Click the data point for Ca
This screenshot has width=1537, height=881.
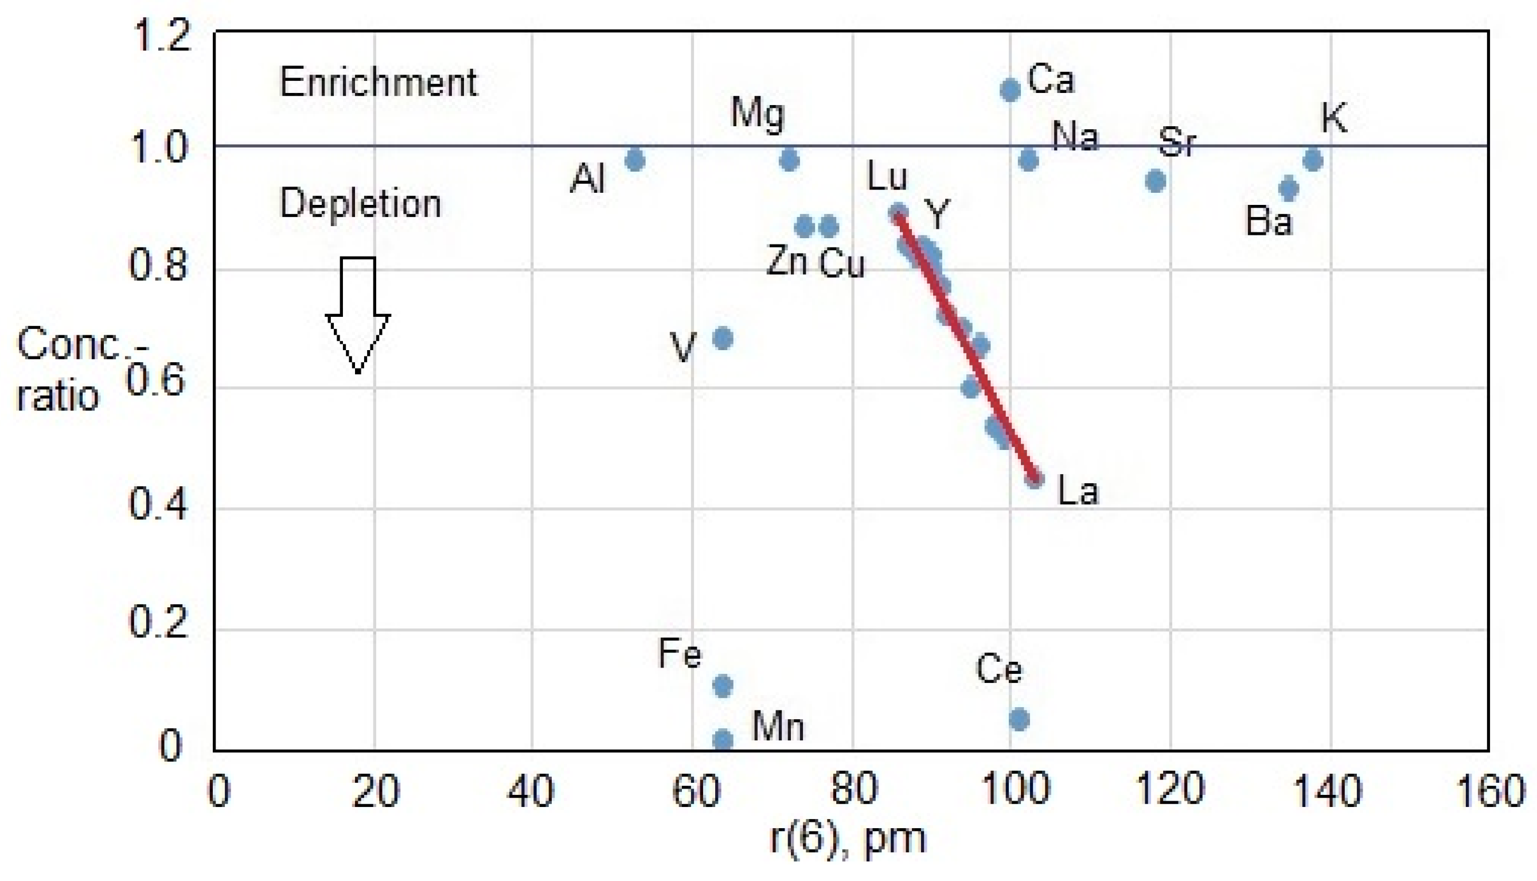pos(1010,90)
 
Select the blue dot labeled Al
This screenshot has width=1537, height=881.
pos(634,160)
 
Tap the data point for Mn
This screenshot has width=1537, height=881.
pos(723,739)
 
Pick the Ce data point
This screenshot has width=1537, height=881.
pos(1020,720)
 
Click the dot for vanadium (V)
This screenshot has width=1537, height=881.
pos(723,338)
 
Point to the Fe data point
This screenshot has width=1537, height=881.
pos(723,685)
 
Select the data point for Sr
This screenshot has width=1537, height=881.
pos(1156,181)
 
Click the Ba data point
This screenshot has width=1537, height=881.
pos(1289,189)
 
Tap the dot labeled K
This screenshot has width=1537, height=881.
pos(1313,160)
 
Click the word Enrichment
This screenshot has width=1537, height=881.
pos(379,83)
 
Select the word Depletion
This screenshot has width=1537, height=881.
pos(360,203)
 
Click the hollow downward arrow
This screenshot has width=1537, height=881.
pos(358,315)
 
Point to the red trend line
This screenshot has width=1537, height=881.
pos(968,348)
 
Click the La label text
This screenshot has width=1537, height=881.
pos(1078,491)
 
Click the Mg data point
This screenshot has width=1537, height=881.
pos(790,160)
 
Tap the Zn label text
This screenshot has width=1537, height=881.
pos(787,262)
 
